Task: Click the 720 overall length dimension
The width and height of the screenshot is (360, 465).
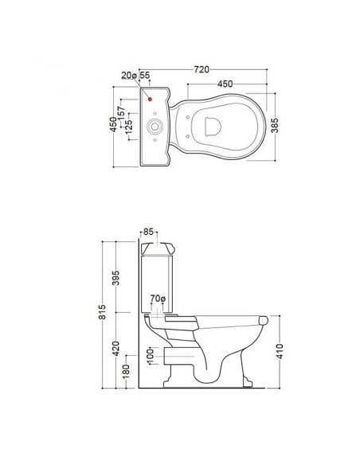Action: point(205,69)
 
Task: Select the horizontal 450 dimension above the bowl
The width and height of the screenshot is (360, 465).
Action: point(225,84)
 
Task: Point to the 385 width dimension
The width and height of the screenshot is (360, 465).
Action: point(276,127)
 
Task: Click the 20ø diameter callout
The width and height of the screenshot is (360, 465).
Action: point(129,76)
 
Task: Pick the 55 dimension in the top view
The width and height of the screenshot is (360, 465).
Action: point(144,76)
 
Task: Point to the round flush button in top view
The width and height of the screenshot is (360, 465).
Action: point(156,126)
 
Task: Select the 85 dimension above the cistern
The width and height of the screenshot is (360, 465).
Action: point(149,233)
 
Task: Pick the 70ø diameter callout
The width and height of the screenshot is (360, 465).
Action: point(157,301)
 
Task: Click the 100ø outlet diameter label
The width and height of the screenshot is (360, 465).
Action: point(150,358)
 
